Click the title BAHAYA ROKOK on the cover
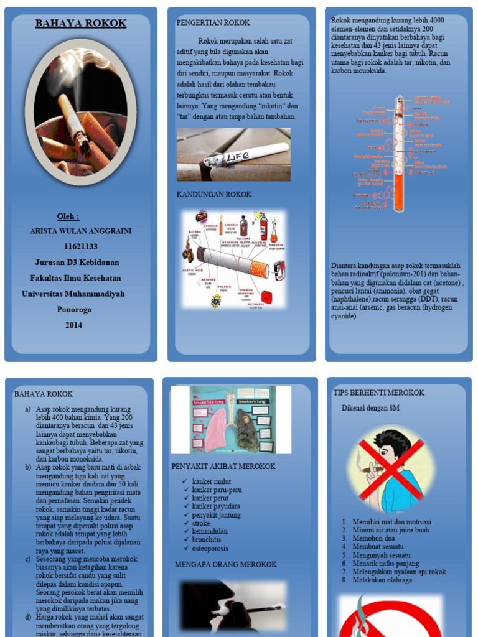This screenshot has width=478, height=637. (x=80, y=24)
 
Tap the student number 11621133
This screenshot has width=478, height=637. (x=80, y=246)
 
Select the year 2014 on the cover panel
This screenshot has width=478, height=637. (x=73, y=325)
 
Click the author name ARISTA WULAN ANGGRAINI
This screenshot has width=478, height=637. (x=81, y=231)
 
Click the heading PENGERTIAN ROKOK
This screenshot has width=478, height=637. (x=213, y=22)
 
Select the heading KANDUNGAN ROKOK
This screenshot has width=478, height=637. (x=213, y=195)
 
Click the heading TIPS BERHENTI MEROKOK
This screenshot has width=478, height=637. (x=378, y=393)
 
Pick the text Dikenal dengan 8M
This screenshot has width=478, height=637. (x=370, y=408)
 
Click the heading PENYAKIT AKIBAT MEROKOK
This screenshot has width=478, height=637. (x=223, y=466)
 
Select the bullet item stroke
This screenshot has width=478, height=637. (x=202, y=523)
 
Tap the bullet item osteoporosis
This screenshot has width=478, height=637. (x=210, y=548)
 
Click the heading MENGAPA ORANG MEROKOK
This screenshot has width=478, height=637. (x=225, y=564)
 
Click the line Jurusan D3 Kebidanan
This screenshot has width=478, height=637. (x=77, y=262)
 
